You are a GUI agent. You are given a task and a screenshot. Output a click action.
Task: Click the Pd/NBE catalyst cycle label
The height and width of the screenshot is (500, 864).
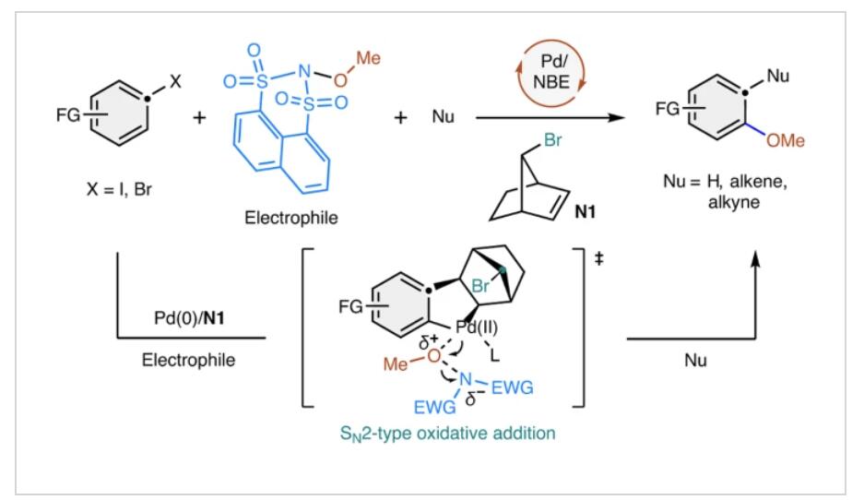coord(551,72)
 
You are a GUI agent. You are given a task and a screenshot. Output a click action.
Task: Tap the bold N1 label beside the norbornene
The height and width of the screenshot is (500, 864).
coord(586,211)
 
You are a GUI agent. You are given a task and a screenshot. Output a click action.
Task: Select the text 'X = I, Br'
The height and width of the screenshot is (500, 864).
coord(119,190)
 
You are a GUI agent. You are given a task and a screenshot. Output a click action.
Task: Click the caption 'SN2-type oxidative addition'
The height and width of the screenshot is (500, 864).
coord(447,434)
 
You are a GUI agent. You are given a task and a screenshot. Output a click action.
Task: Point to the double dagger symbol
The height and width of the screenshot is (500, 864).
coord(599,258)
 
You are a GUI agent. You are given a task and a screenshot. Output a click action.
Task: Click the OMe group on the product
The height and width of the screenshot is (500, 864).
coord(786,141)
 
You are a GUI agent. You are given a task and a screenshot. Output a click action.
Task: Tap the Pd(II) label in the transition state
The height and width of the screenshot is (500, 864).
coord(478,327)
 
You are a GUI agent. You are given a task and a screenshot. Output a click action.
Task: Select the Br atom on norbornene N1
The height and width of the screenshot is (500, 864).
coord(552,140)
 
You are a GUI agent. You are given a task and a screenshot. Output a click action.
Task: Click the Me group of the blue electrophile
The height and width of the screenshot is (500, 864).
coord(368,58)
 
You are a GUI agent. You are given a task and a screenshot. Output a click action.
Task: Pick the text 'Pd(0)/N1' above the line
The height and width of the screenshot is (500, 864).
coord(189,318)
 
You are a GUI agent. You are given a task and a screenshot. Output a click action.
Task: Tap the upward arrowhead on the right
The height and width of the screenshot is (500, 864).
coord(756,258)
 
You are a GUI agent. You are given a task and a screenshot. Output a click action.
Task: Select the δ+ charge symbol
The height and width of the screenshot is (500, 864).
coord(428,342)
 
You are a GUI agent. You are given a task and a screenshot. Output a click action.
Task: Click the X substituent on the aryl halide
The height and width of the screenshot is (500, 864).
coord(175,81)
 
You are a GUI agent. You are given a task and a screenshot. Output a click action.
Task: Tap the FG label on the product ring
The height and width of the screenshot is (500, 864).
coord(667,109)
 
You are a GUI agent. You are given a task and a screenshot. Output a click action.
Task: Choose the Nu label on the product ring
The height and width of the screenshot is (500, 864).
coord(777,76)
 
